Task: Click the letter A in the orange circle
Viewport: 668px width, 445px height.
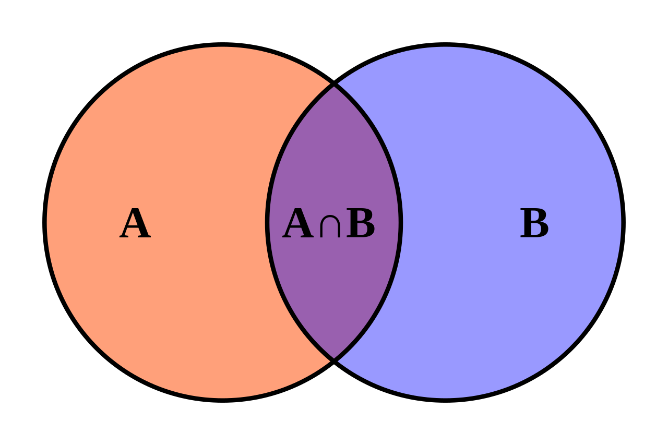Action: pyautogui.click(x=135, y=224)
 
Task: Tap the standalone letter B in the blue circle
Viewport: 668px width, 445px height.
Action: pyautogui.click(x=534, y=224)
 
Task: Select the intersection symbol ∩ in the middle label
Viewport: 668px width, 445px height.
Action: pyautogui.click(x=329, y=226)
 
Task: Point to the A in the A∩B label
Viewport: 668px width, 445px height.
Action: pyautogui.click(x=297, y=224)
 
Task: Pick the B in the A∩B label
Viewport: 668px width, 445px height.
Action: pyautogui.click(x=361, y=224)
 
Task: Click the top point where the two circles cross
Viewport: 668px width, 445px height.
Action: pyautogui.click(x=334, y=85)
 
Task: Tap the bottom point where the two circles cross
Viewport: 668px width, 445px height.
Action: pyautogui.click(x=334, y=360)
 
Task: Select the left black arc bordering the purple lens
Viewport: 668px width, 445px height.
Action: pyautogui.click(x=268, y=223)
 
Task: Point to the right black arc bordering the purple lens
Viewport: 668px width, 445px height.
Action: pyautogui.click(x=400, y=223)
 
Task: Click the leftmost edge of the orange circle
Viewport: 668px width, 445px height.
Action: pyautogui.click(x=47, y=223)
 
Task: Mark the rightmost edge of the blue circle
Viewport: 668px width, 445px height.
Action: pyautogui.click(x=621, y=223)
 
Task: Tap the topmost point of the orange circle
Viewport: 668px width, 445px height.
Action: pyautogui.click(x=223, y=47)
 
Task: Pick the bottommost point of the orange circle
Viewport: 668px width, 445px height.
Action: pyautogui.click(x=223, y=398)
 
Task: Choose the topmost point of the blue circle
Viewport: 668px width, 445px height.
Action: pyautogui.click(x=445, y=47)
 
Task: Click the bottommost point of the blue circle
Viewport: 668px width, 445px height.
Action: pyautogui.click(x=445, y=398)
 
